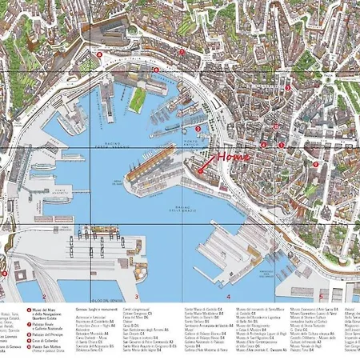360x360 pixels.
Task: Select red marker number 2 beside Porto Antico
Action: pos(198,128)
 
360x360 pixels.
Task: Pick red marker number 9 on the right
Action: pos(315,164)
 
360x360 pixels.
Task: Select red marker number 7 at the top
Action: pos(182,51)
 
